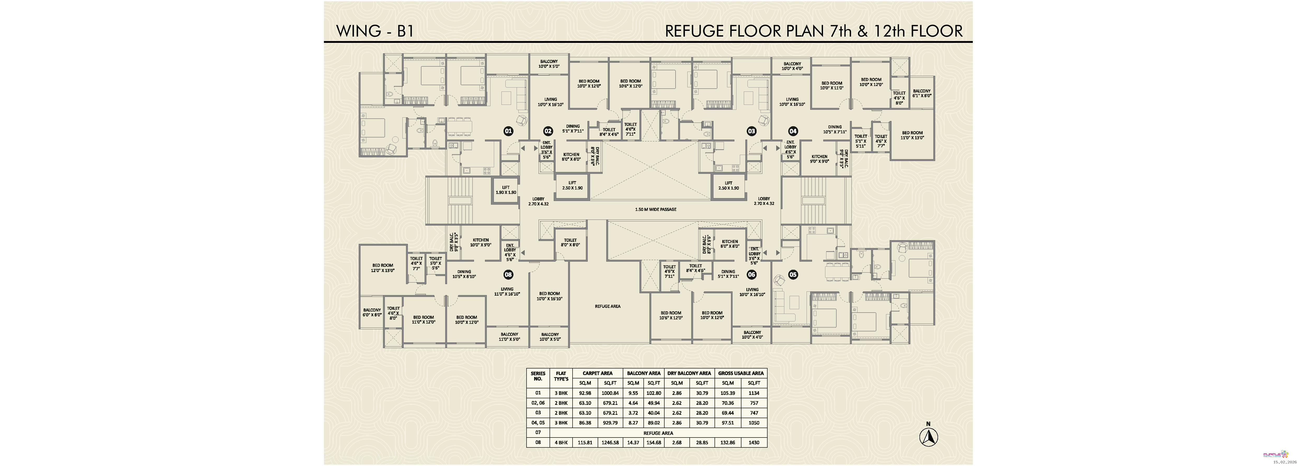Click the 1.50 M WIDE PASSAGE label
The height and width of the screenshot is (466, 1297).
(655, 209)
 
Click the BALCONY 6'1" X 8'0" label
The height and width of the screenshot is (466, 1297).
(922, 93)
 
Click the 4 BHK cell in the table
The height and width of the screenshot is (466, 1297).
(561, 443)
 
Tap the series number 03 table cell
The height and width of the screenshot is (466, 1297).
(538, 413)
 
